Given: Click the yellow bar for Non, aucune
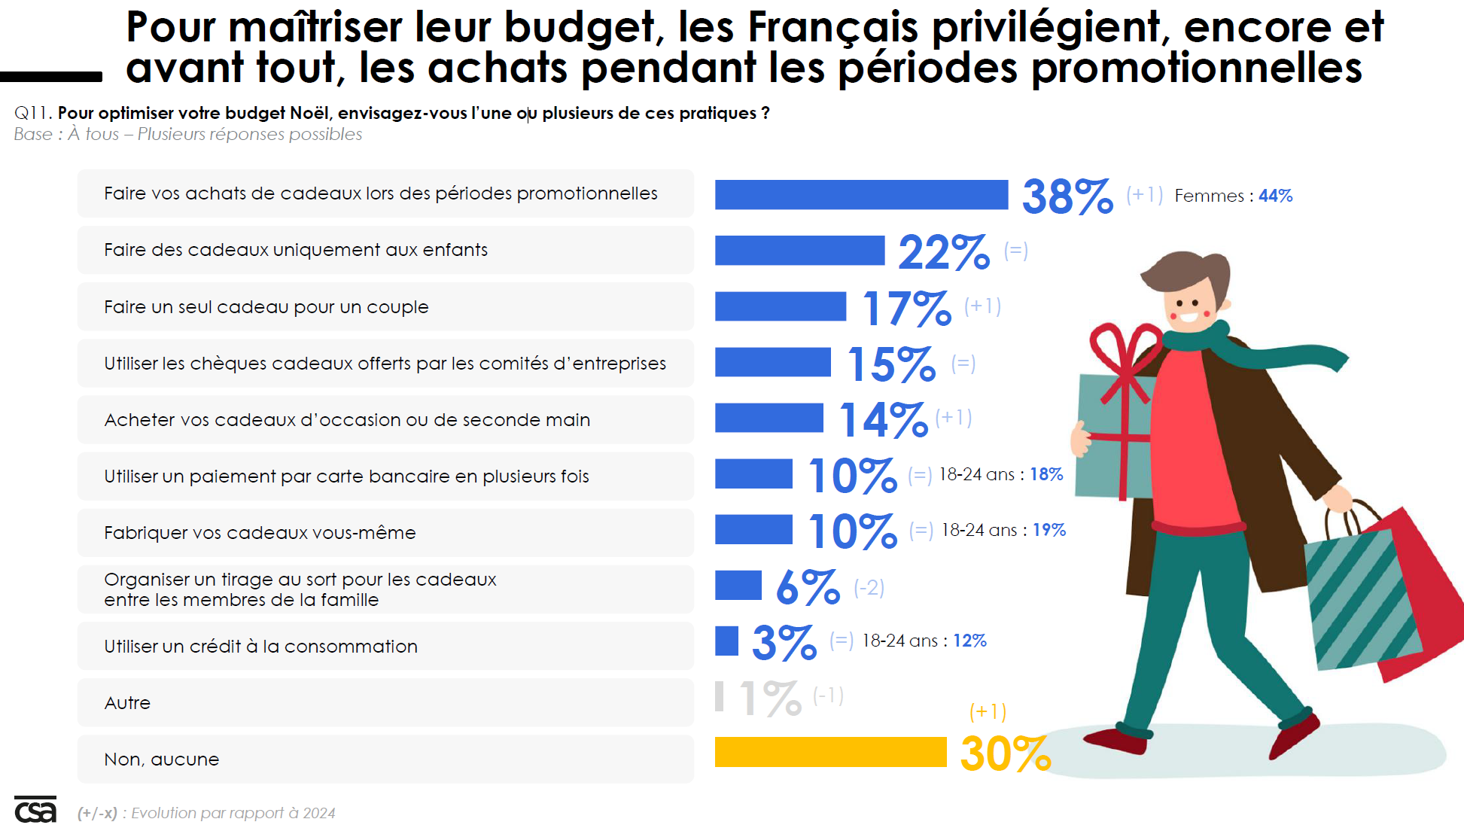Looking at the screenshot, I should (x=830, y=752).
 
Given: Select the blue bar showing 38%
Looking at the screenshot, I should (x=861, y=194).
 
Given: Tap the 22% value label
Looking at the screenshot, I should (x=944, y=251).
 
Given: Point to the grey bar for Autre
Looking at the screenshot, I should (x=720, y=696).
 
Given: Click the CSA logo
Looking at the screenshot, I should (x=35, y=810).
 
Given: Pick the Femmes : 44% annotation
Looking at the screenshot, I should (x=1233, y=196).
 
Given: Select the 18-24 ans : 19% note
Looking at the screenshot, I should (x=1003, y=530).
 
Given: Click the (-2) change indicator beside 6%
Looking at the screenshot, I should (x=869, y=587).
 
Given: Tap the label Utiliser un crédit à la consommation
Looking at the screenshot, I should (x=260, y=646).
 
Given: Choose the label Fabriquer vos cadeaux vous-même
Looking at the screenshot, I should (x=260, y=533).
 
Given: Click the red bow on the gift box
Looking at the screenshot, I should (x=1125, y=354).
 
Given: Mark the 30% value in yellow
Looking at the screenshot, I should (x=1006, y=753).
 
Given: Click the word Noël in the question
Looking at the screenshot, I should (x=309, y=113).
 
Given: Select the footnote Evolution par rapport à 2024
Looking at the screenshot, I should (x=233, y=813).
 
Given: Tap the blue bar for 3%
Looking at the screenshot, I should (x=726, y=641).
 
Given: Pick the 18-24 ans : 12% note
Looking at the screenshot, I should (x=924, y=641).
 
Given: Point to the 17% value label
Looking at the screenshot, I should (x=907, y=309).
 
